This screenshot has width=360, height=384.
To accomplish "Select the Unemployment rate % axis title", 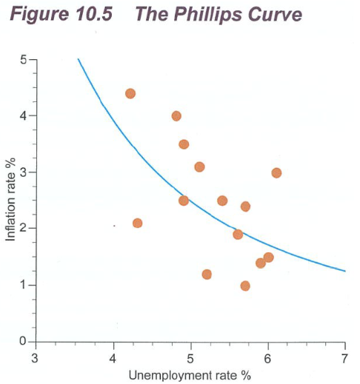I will (190, 374).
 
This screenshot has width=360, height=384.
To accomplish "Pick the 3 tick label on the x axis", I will (36, 359).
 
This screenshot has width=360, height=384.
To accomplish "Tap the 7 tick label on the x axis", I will (345, 359).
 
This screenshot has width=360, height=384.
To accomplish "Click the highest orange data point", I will (130, 93).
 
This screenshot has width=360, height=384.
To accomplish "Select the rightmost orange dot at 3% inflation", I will (276, 172).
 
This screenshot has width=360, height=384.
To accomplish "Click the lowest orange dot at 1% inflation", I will (245, 286).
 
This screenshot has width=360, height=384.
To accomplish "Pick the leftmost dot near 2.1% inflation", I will (137, 223).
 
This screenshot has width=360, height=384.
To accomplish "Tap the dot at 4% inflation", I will (176, 115).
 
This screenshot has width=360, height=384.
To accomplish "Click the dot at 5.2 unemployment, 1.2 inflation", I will (207, 274).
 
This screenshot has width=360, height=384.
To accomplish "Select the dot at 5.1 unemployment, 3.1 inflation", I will (199, 166).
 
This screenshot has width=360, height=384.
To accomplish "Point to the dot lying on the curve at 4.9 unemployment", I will (184, 201).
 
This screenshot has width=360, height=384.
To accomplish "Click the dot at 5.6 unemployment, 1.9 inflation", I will (238, 235).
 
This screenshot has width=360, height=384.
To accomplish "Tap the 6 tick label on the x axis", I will (268, 359).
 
